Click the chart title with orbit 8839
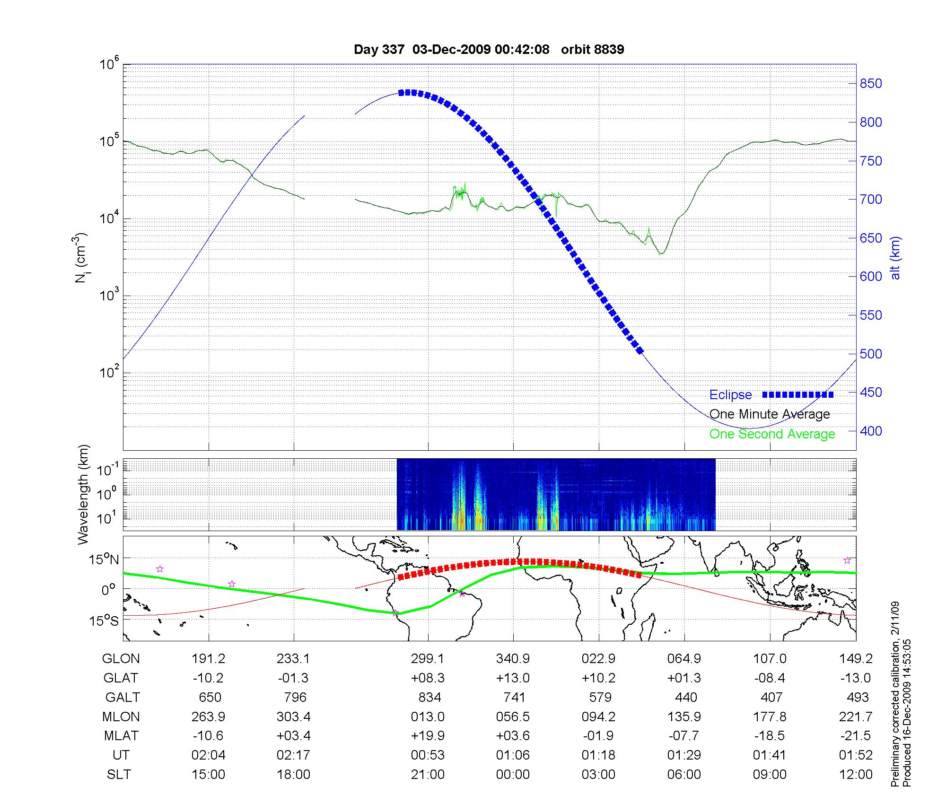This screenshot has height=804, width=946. point(489,50)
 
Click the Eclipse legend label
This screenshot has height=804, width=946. point(730,395)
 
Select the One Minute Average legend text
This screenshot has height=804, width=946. point(770,414)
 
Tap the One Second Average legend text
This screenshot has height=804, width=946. point(772,434)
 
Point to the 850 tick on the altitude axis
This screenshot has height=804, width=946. point(871,84)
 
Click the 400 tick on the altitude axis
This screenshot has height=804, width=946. point(871,431)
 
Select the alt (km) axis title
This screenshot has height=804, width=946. point(895,258)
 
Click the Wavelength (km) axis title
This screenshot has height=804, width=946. point(83,495)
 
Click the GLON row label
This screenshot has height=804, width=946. point(121,659)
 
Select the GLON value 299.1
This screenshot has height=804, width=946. point(428,659)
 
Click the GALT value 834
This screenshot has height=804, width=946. point(429,698)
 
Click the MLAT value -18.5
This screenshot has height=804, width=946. point(770,736)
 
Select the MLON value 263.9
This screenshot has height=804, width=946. point(208,717)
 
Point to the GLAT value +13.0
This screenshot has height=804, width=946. point(513,678)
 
